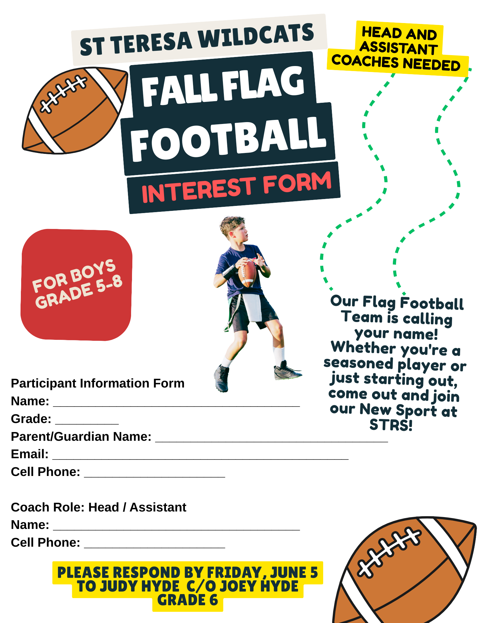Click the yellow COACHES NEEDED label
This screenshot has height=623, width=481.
point(396,62)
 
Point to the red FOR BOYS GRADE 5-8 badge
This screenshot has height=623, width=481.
point(77,285)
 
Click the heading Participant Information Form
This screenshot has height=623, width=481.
point(98,383)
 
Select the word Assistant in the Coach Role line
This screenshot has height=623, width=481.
point(158,507)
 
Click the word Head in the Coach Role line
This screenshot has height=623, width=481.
point(104,507)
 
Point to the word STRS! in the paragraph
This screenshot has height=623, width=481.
point(391,425)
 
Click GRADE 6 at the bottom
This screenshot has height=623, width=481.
point(187,600)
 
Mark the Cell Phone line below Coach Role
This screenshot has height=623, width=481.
point(118,543)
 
